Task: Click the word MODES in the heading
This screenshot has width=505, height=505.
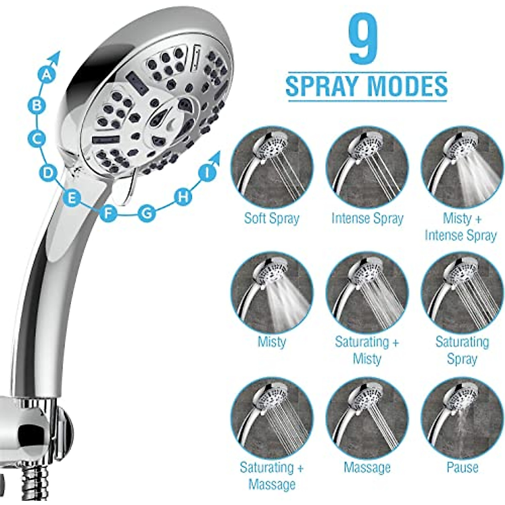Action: (407, 85)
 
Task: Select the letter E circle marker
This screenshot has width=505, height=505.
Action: (72, 198)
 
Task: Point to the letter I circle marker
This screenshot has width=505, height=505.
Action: (207, 173)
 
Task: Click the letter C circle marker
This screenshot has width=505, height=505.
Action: (37, 138)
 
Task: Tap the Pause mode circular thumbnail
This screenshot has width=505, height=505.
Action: (462, 418)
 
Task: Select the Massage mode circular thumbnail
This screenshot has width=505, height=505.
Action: (367, 418)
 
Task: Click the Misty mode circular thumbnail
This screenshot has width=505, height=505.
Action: (272, 293)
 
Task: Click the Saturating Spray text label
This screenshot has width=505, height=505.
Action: (462, 350)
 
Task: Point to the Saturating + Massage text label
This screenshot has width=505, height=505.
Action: (272, 476)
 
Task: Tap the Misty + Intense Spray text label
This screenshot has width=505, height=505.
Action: (461, 227)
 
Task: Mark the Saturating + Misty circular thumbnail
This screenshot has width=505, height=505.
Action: (367, 293)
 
